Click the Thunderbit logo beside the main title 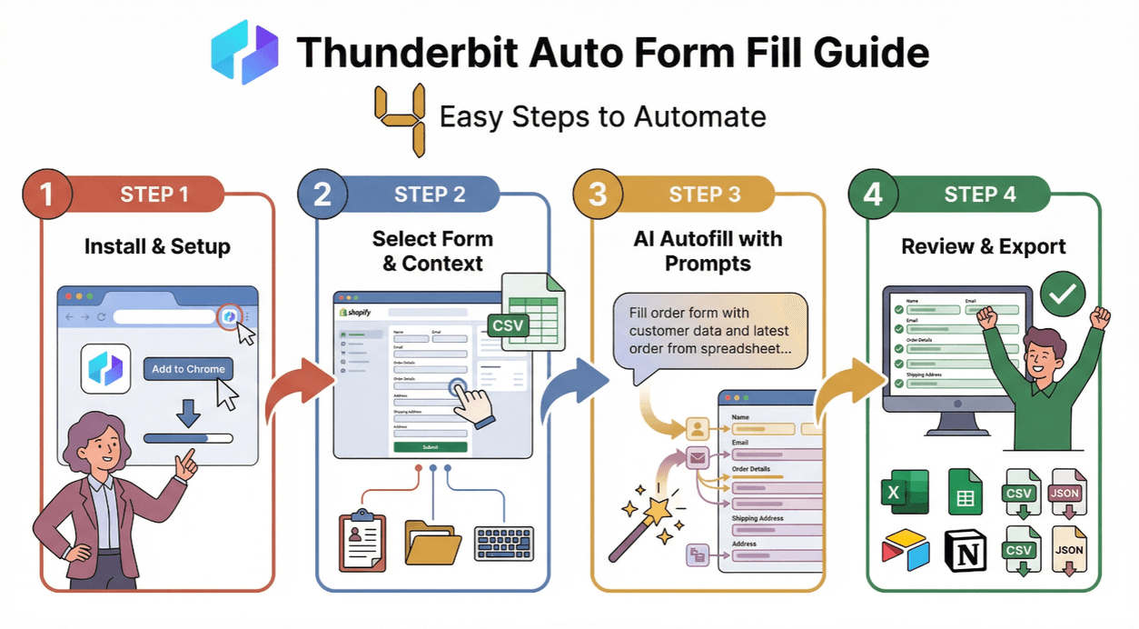[x=244, y=53]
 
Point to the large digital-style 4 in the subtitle [x=401, y=117]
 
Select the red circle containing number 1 [x=44, y=195]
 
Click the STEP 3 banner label [x=704, y=195]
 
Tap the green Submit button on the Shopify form [x=430, y=447]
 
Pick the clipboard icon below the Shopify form [x=362, y=543]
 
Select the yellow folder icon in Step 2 [x=432, y=542]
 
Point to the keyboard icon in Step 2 [x=504, y=543]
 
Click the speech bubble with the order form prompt [x=709, y=331]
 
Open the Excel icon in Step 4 [x=905, y=493]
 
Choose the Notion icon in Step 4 [x=966, y=550]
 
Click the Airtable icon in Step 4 [x=905, y=551]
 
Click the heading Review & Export [x=983, y=246]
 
